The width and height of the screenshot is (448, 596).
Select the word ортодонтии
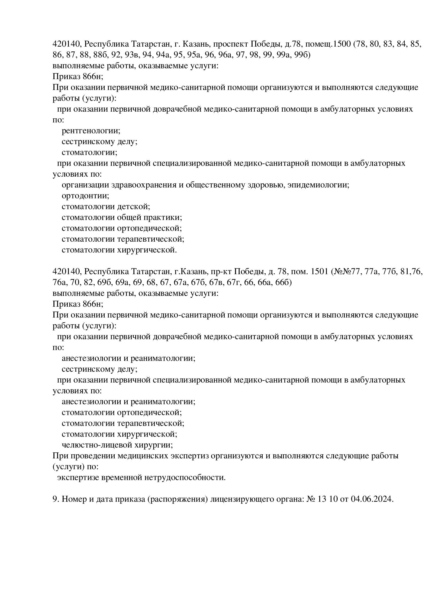(x=85, y=196)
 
